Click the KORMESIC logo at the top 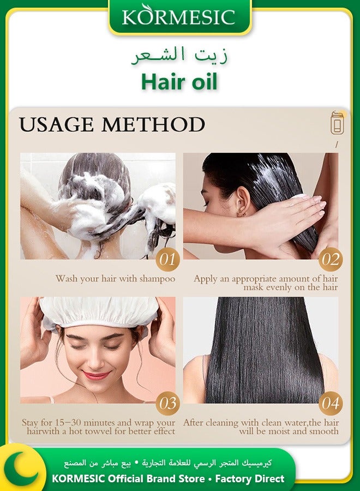coord(179,17)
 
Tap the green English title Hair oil coord(179,82)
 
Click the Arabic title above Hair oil coord(180,55)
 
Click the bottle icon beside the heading coord(337,123)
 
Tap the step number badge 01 coord(167,259)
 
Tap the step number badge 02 coord(331,259)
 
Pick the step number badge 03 coord(167,404)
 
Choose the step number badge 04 coord(331,404)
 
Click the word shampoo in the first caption coord(156,279)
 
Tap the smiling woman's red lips coord(97,375)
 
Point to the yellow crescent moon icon coord(21,467)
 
